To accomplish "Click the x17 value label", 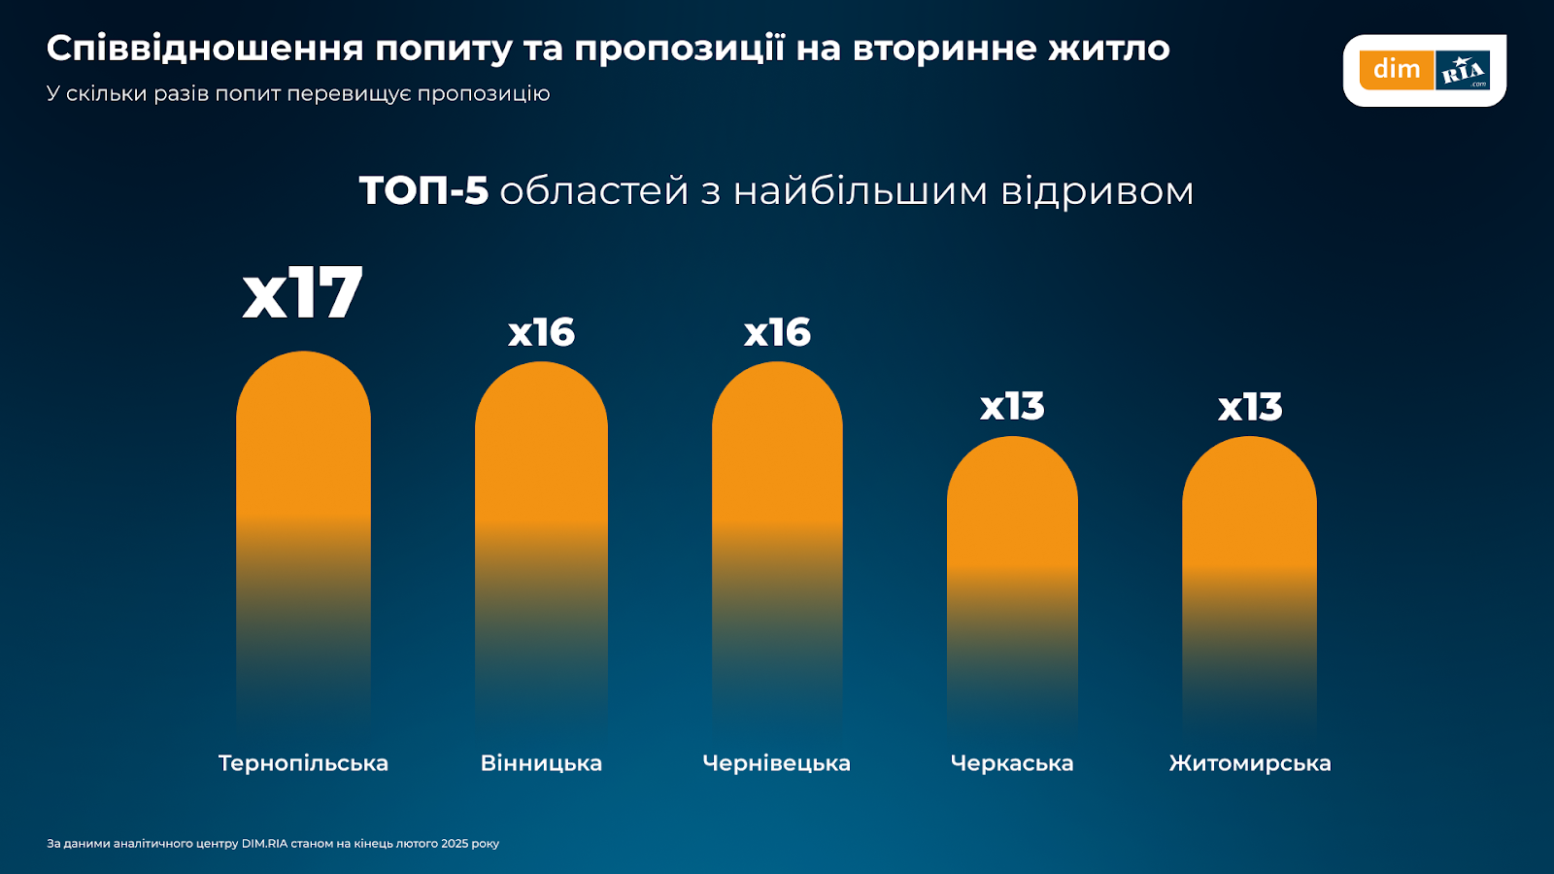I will pyautogui.click(x=302, y=293).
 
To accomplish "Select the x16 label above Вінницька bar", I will pyautogui.click(x=541, y=333).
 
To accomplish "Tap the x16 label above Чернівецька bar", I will pyautogui.click(x=777, y=333).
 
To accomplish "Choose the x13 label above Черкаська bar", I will pyautogui.click(x=1012, y=407).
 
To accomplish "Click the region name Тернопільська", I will pyautogui.click(x=303, y=763).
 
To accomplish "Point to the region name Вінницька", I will pyautogui.click(x=541, y=763).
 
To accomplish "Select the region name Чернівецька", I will pyautogui.click(x=776, y=763).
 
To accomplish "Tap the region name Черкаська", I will pyautogui.click(x=1012, y=763).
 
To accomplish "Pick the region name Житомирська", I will pyautogui.click(x=1250, y=763).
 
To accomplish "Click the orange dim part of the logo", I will pyautogui.click(x=1397, y=70).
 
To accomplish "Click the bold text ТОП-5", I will pyautogui.click(x=423, y=191).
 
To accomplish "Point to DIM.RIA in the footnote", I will pyautogui.click(x=264, y=844).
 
